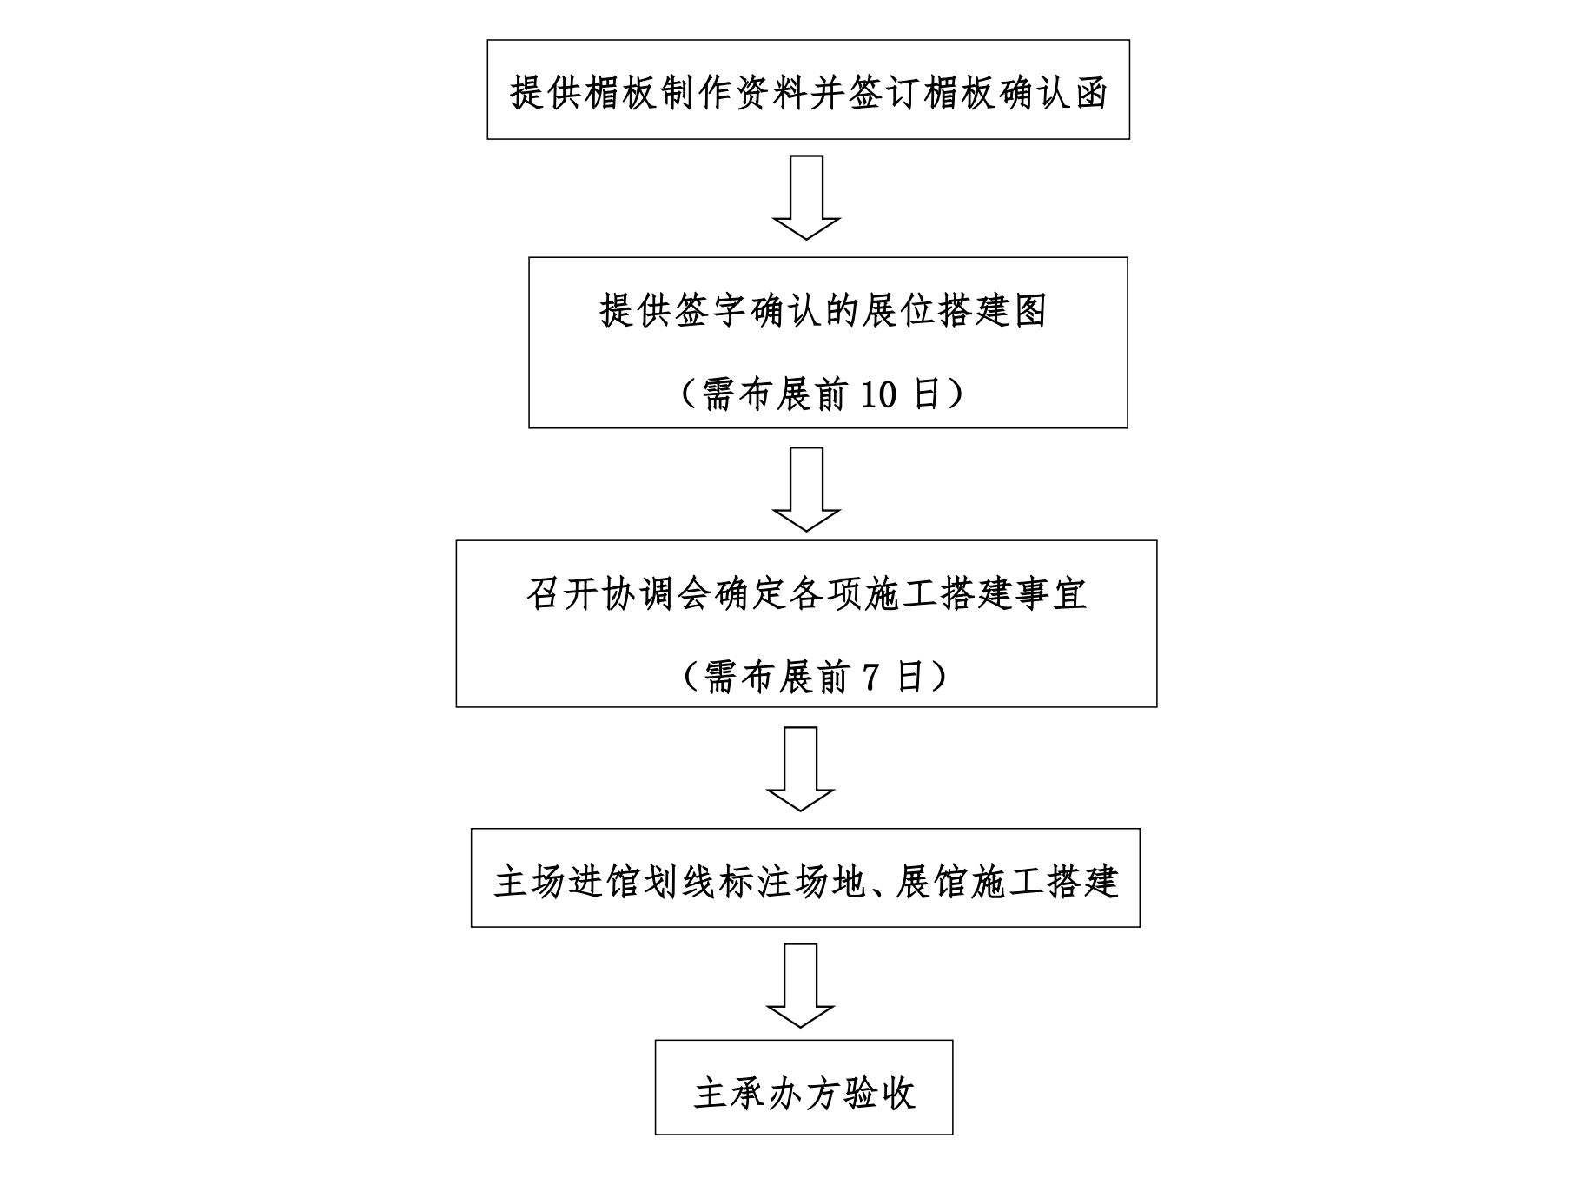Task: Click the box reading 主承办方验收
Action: tap(804, 1087)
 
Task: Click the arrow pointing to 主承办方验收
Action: tap(800, 986)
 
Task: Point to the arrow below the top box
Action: tap(806, 197)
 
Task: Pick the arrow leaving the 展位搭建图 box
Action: tap(806, 489)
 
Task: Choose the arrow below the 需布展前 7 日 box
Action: tap(800, 769)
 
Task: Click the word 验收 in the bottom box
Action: tap(879, 1093)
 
